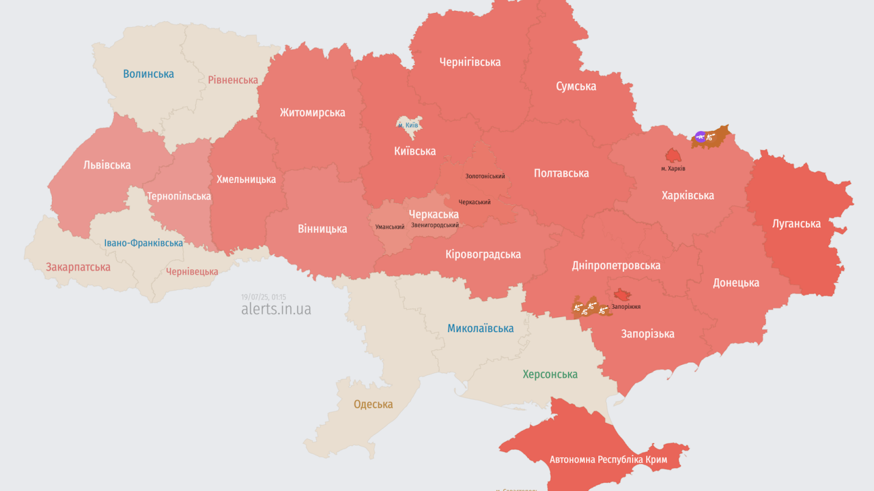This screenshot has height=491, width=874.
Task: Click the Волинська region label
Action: click(148, 74)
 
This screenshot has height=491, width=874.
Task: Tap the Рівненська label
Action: click(233, 80)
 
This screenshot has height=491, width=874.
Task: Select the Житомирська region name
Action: click(312, 113)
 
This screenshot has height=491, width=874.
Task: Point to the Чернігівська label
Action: click(469, 62)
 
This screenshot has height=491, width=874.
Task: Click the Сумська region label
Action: click(576, 86)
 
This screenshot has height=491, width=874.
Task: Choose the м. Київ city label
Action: click(408, 125)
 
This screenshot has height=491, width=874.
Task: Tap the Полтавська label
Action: click(561, 173)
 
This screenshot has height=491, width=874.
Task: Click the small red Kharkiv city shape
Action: click(673, 155)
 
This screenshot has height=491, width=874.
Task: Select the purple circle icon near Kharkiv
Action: click(700, 137)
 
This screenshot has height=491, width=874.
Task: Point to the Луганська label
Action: click(796, 223)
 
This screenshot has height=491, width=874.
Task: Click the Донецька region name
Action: click(735, 282)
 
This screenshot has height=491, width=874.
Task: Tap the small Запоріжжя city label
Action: click(625, 308)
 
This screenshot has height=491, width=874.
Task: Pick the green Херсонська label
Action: click(550, 374)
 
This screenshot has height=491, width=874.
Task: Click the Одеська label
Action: click(373, 404)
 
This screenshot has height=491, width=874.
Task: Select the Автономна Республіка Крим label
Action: click(608, 460)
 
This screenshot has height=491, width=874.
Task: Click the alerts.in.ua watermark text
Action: click(276, 309)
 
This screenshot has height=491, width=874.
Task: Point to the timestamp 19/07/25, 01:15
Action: click(264, 297)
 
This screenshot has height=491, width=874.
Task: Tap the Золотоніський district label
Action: click(485, 177)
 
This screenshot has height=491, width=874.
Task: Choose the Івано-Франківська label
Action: click(143, 243)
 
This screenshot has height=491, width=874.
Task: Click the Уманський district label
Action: click(390, 227)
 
